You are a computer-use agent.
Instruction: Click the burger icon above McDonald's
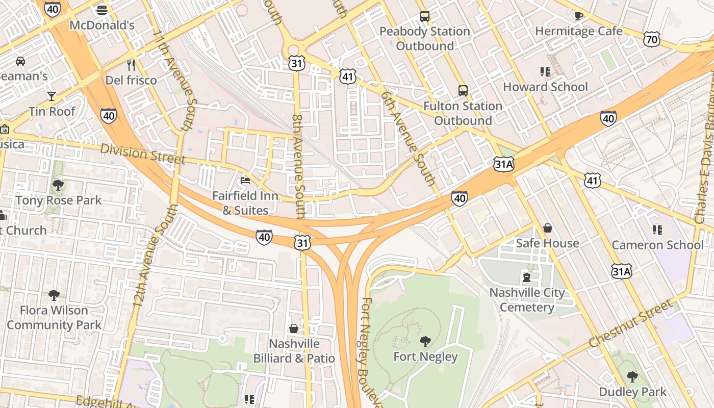(x=102, y=10)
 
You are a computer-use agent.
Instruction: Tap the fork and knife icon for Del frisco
(x=131, y=65)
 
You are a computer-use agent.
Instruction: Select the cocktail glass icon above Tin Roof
(x=52, y=96)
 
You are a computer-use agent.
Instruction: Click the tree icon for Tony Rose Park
(x=58, y=185)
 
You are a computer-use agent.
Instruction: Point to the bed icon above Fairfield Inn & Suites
(x=245, y=180)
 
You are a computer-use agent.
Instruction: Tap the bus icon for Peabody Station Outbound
(x=425, y=16)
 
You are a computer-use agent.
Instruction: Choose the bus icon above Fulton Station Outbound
(x=463, y=91)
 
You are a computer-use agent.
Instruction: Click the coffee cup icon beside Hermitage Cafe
(x=578, y=16)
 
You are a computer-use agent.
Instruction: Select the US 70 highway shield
(x=652, y=39)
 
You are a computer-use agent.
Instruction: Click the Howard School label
(x=545, y=87)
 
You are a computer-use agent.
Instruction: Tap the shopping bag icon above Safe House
(x=547, y=227)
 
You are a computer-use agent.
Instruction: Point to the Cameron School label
(x=657, y=245)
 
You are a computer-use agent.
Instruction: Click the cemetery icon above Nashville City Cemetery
(x=527, y=277)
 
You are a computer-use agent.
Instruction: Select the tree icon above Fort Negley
(x=425, y=341)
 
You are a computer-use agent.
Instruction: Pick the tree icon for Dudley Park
(x=632, y=377)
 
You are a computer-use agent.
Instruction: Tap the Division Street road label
(x=143, y=154)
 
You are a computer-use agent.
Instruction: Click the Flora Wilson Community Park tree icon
(x=54, y=295)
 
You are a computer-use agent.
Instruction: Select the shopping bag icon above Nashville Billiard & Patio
(x=294, y=328)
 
